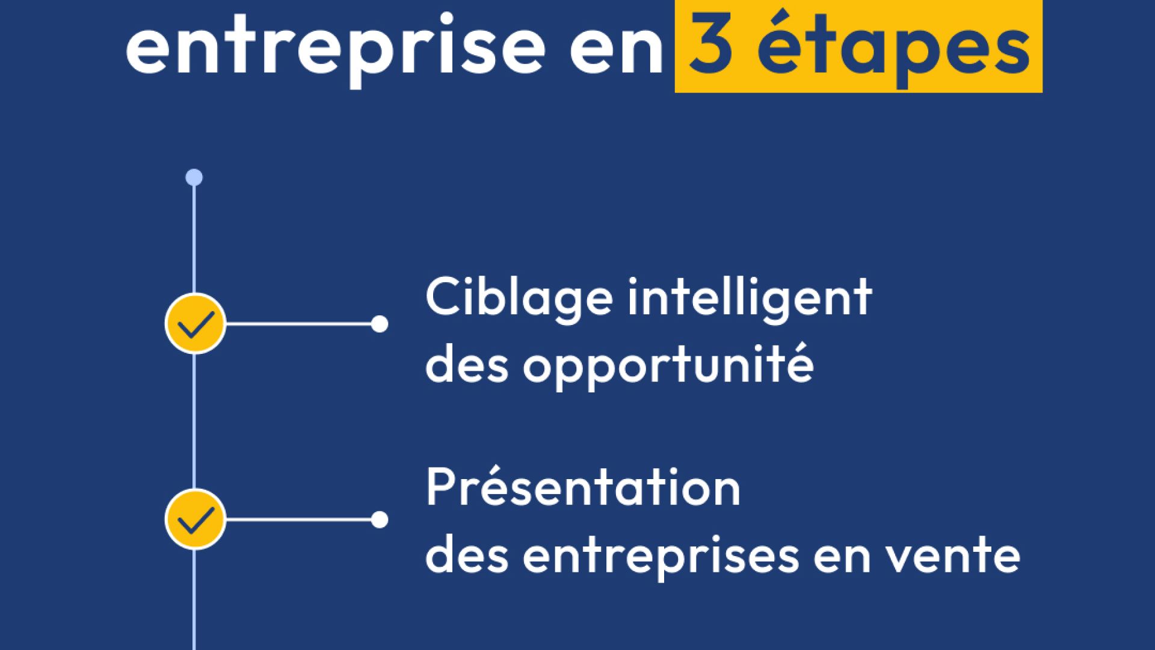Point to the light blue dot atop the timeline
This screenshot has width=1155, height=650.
click(194, 178)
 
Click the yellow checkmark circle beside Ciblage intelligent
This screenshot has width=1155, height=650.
click(195, 324)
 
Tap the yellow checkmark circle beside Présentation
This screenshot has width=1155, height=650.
click(195, 519)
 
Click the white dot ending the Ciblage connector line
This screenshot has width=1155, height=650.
click(379, 324)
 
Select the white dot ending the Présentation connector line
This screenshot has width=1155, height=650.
click(379, 519)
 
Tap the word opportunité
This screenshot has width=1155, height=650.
click(668, 365)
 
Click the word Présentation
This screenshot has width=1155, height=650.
click(583, 487)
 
